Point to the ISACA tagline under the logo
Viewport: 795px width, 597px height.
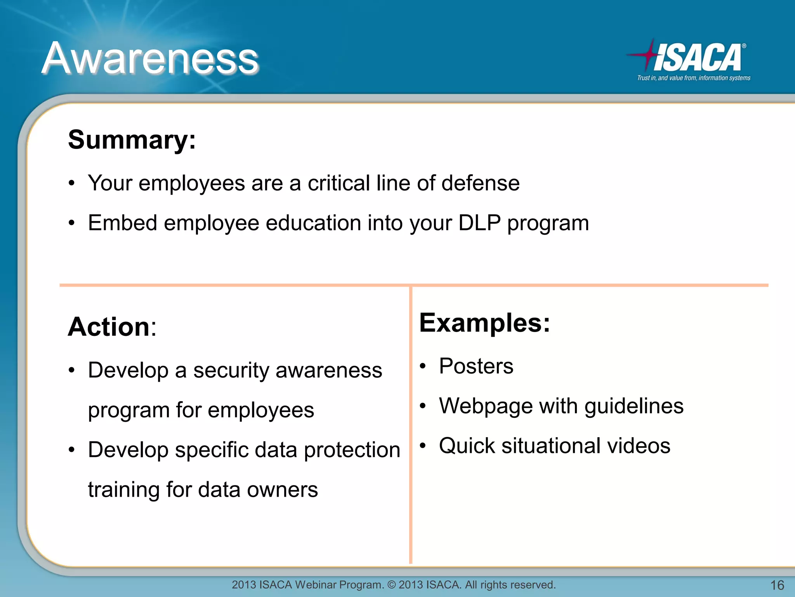point(693,78)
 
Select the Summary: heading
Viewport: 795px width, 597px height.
point(132,140)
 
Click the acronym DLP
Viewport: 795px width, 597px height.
point(479,223)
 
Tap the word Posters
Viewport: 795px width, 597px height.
point(476,366)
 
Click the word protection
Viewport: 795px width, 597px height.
point(352,450)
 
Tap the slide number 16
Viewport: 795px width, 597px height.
point(777,585)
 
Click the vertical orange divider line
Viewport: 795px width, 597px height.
point(410,428)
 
